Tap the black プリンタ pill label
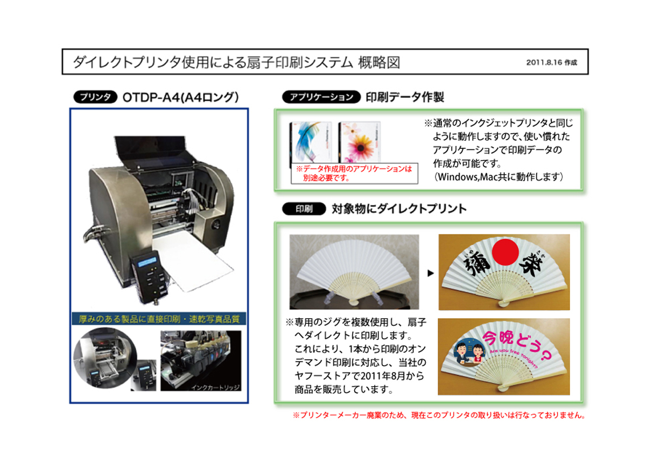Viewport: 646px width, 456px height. click(95, 97)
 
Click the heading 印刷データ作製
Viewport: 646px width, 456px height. click(404, 97)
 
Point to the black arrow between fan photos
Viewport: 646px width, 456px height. click(430, 274)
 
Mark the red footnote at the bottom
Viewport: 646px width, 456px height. click(438, 416)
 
